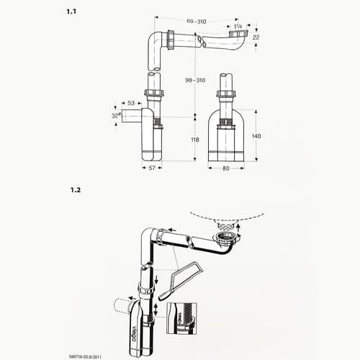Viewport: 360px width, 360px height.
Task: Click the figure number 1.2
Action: pos(75,190)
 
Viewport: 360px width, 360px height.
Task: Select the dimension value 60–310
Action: pos(196,22)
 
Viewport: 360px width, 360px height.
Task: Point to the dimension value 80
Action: pos(227,168)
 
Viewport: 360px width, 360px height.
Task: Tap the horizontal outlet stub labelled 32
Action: pos(131,116)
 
